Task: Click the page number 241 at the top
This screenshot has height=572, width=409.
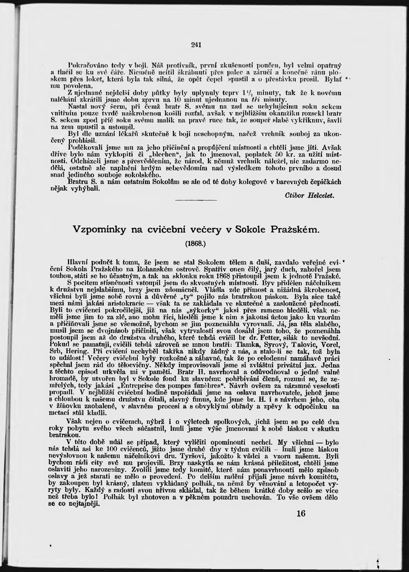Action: (196, 45)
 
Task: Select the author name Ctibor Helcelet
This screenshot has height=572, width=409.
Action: (310, 195)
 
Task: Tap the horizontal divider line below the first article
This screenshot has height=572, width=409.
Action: (196, 200)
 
